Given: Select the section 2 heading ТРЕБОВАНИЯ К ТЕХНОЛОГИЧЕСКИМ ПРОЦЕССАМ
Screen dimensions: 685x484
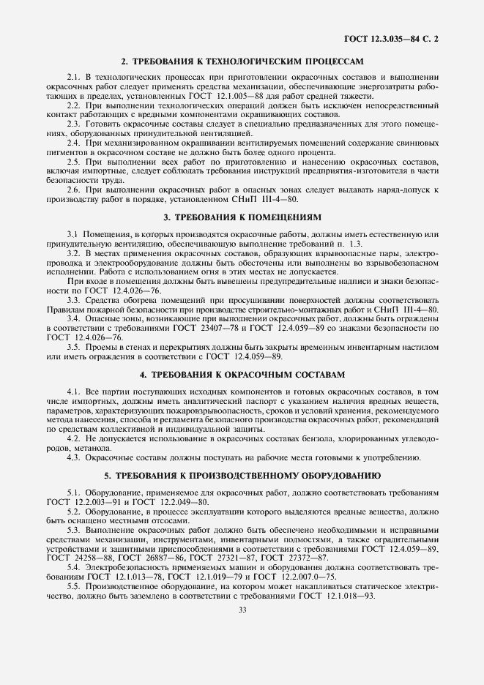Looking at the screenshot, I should click(242, 62).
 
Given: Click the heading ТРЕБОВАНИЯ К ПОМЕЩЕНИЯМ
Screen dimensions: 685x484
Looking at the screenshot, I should click(242, 218).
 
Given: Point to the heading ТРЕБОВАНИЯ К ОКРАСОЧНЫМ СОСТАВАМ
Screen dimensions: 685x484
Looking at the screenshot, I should click(242, 374).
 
